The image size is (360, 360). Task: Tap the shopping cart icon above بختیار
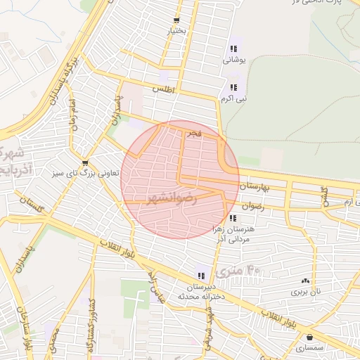175,20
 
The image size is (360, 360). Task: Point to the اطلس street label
162,91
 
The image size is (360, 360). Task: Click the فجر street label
193,133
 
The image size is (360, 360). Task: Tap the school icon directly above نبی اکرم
233,87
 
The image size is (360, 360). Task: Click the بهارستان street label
255,186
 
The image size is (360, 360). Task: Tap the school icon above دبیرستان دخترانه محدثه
201,276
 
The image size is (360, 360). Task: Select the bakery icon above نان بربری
305,280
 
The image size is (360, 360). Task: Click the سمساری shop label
309,348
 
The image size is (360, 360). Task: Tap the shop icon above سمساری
310,337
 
